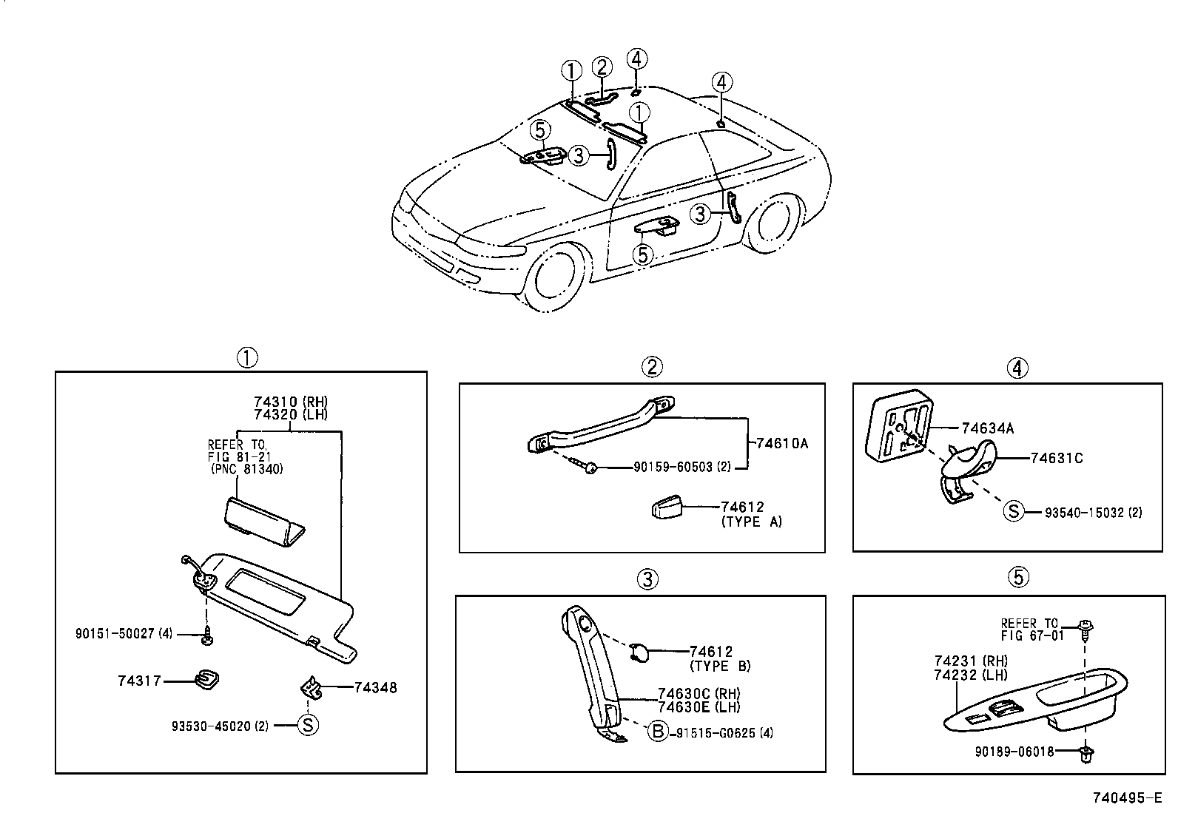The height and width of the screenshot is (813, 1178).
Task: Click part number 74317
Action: (x=139, y=681)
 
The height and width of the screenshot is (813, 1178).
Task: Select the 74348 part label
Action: (x=375, y=687)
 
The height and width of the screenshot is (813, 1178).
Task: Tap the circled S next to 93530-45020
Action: (x=308, y=725)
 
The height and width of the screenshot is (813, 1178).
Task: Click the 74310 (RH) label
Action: (x=290, y=402)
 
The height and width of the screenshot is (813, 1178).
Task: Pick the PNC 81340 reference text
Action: (x=246, y=469)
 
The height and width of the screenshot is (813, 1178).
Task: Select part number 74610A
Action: (x=781, y=444)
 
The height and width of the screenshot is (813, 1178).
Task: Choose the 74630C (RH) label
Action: (x=699, y=693)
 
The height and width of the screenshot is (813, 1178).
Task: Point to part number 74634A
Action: (x=987, y=428)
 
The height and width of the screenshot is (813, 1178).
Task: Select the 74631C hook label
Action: (x=1056, y=459)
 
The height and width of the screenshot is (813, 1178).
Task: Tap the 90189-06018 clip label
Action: (x=1014, y=752)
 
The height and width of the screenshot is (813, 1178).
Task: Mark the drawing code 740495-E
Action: (x=1127, y=798)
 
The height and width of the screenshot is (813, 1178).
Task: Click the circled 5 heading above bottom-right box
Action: (x=1018, y=577)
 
